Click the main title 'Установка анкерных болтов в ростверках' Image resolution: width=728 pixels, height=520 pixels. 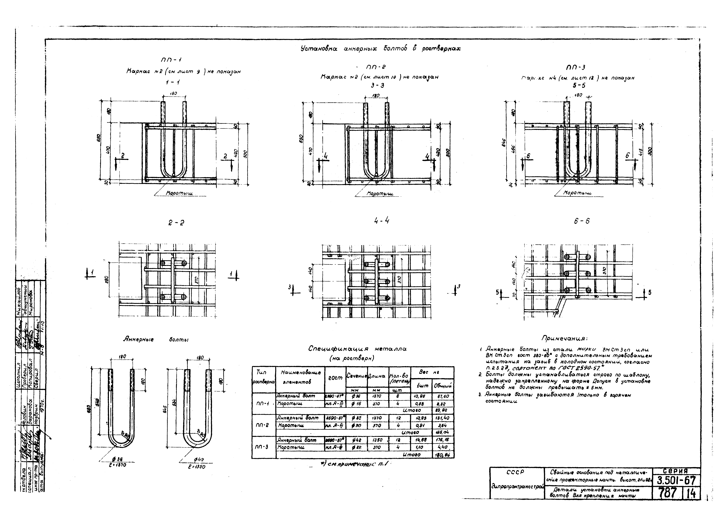[x=348, y=49]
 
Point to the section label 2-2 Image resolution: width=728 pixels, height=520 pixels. [x=176, y=223]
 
